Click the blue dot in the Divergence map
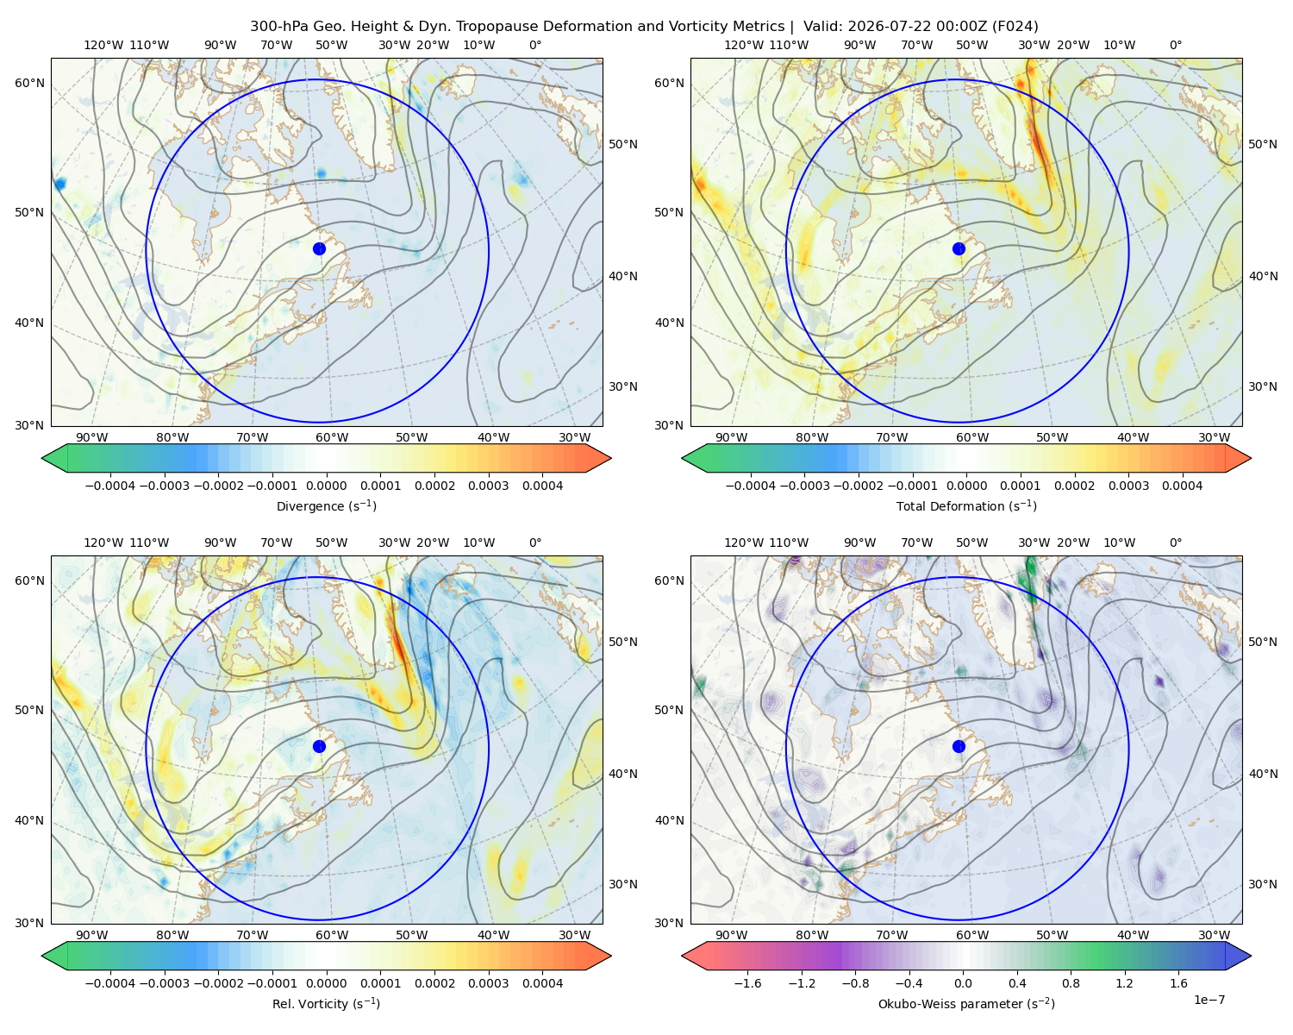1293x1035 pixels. (x=319, y=249)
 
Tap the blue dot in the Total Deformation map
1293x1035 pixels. (x=959, y=249)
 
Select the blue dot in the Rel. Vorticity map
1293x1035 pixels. (x=319, y=746)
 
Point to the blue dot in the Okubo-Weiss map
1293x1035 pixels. (x=959, y=746)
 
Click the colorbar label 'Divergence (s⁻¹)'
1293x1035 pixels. (x=326, y=506)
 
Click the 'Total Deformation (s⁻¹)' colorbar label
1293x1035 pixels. (x=966, y=506)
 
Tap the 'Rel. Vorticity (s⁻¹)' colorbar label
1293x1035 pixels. (x=326, y=1004)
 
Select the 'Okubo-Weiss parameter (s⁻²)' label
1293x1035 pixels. (x=966, y=1004)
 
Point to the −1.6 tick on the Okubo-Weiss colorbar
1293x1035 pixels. (x=748, y=983)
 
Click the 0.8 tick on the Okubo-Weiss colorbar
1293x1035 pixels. (x=1071, y=983)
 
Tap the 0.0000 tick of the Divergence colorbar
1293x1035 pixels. (x=326, y=486)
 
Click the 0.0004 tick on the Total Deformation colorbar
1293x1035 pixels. (x=1182, y=486)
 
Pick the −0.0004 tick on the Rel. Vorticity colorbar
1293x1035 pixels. (x=110, y=983)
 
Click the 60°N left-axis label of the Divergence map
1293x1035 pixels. (x=29, y=83)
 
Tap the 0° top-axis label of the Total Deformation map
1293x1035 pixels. (x=1175, y=45)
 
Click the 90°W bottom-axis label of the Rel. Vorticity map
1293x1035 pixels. (x=92, y=935)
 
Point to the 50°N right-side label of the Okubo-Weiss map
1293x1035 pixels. (x=1263, y=642)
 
